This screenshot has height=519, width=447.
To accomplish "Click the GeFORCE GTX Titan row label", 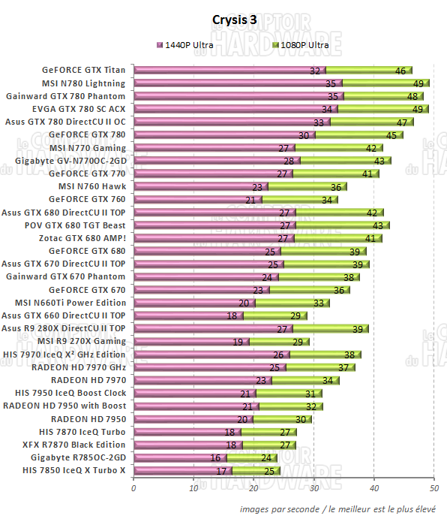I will pos(83,70).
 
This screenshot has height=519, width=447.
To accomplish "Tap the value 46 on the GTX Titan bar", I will pos(400,71).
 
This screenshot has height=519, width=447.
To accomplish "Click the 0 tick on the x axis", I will pos(133,489).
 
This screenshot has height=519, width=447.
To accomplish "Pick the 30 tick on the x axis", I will pos(313,489).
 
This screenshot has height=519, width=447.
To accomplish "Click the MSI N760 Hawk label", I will pos(91,186).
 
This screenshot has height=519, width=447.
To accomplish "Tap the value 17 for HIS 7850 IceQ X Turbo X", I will pos(221,471).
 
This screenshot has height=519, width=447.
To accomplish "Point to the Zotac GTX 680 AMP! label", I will pos(85,238).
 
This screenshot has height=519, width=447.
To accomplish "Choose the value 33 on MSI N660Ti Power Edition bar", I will pos(320,303).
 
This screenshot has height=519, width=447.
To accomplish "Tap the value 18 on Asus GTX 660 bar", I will pos(232,316).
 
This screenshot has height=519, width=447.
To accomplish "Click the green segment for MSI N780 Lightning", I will pos(382,83).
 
